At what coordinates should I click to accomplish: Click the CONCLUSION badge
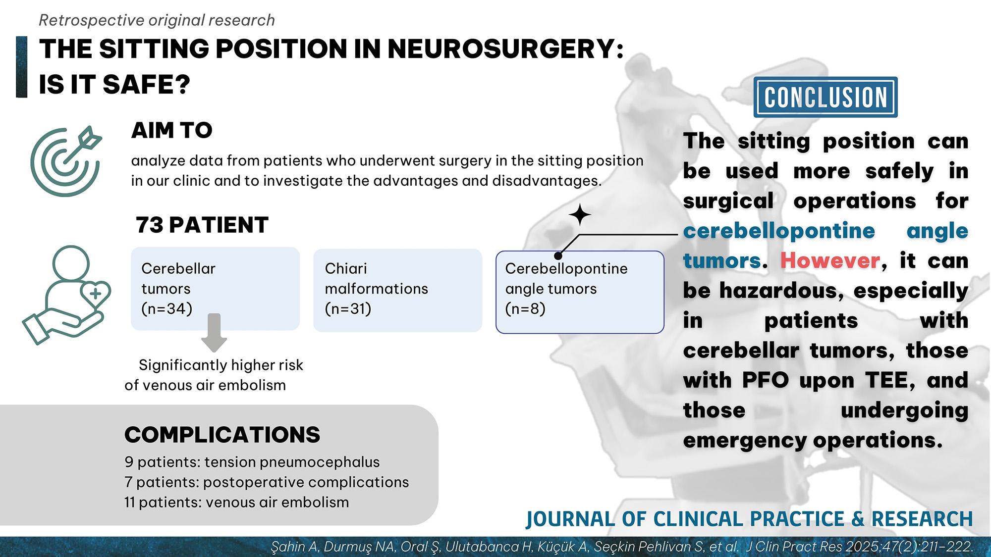[x=825, y=97]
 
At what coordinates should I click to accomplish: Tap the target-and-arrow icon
[x=65, y=161]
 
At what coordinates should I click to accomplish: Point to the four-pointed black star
[x=579, y=215]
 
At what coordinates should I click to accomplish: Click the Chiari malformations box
[x=397, y=290]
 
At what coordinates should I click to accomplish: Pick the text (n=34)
[x=166, y=309]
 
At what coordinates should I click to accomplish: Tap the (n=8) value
[x=525, y=309]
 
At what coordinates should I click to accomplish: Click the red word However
[x=830, y=260]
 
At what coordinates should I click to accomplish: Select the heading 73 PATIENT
[x=202, y=225]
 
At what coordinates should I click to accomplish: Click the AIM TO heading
[x=171, y=131]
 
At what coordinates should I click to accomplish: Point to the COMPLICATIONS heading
[x=222, y=435]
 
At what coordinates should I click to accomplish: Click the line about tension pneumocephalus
[x=252, y=462]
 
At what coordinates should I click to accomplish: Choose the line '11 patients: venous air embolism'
[x=236, y=502]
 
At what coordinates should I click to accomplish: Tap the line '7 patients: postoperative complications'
[x=267, y=482]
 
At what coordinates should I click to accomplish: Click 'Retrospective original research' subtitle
[x=157, y=20]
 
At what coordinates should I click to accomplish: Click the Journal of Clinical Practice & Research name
[x=749, y=519]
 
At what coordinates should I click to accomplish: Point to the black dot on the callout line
[x=558, y=256]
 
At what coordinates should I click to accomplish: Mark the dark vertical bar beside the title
[x=21, y=67]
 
